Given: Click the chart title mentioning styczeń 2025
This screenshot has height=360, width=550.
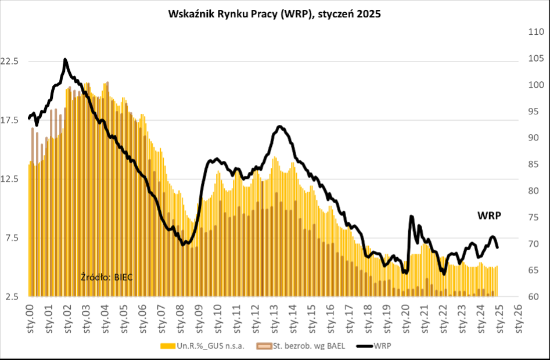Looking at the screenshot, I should [x=274, y=14].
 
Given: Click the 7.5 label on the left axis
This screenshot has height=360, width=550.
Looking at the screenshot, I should [x=16, y=237].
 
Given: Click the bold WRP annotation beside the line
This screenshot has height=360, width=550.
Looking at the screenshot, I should [x=489, y=215].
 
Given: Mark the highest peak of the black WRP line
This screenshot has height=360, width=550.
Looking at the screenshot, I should [x=65, y=59].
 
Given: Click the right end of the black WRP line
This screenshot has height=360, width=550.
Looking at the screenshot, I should [x=498, y=248].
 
